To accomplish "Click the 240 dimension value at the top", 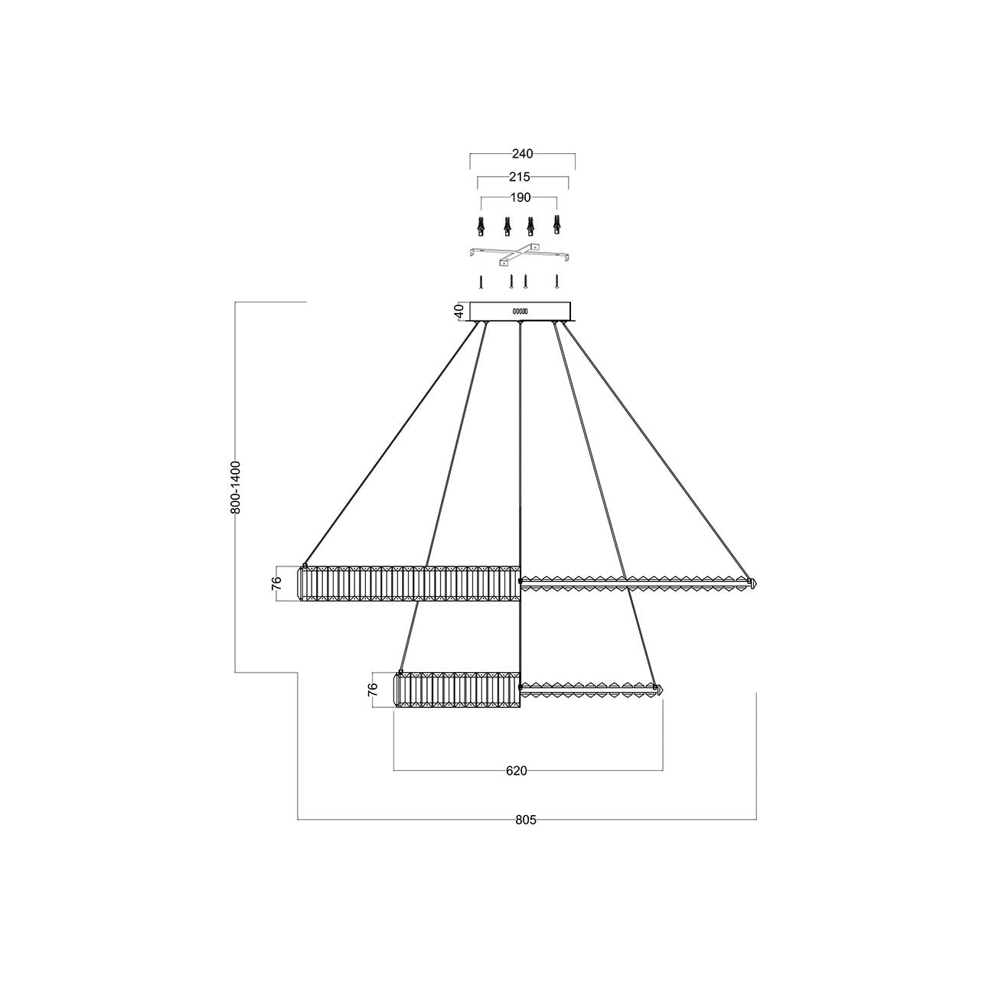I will coord(523,154).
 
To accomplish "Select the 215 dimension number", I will coord(520,177).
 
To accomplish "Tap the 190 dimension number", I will coord(520,197).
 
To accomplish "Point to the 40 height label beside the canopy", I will coord(458,311).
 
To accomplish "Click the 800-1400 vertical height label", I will coord(236,487).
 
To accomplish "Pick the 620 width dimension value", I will coord(517,771).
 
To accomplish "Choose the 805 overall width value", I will coord(525,820).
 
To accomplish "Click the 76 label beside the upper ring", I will coord(277,584).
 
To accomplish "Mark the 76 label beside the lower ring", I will coord(373,690).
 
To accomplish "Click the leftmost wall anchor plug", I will coord(480,227).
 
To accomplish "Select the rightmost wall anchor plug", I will coord(557,227).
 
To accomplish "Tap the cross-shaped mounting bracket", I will coord(519,254).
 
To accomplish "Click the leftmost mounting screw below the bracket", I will coord(480,281).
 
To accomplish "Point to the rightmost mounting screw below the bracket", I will coord(558,281).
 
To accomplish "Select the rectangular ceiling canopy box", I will coord(520,312).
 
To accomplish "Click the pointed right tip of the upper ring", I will coord(755,583).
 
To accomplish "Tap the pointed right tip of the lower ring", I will coord(660,690).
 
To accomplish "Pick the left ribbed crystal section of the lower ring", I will coord(457,690).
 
